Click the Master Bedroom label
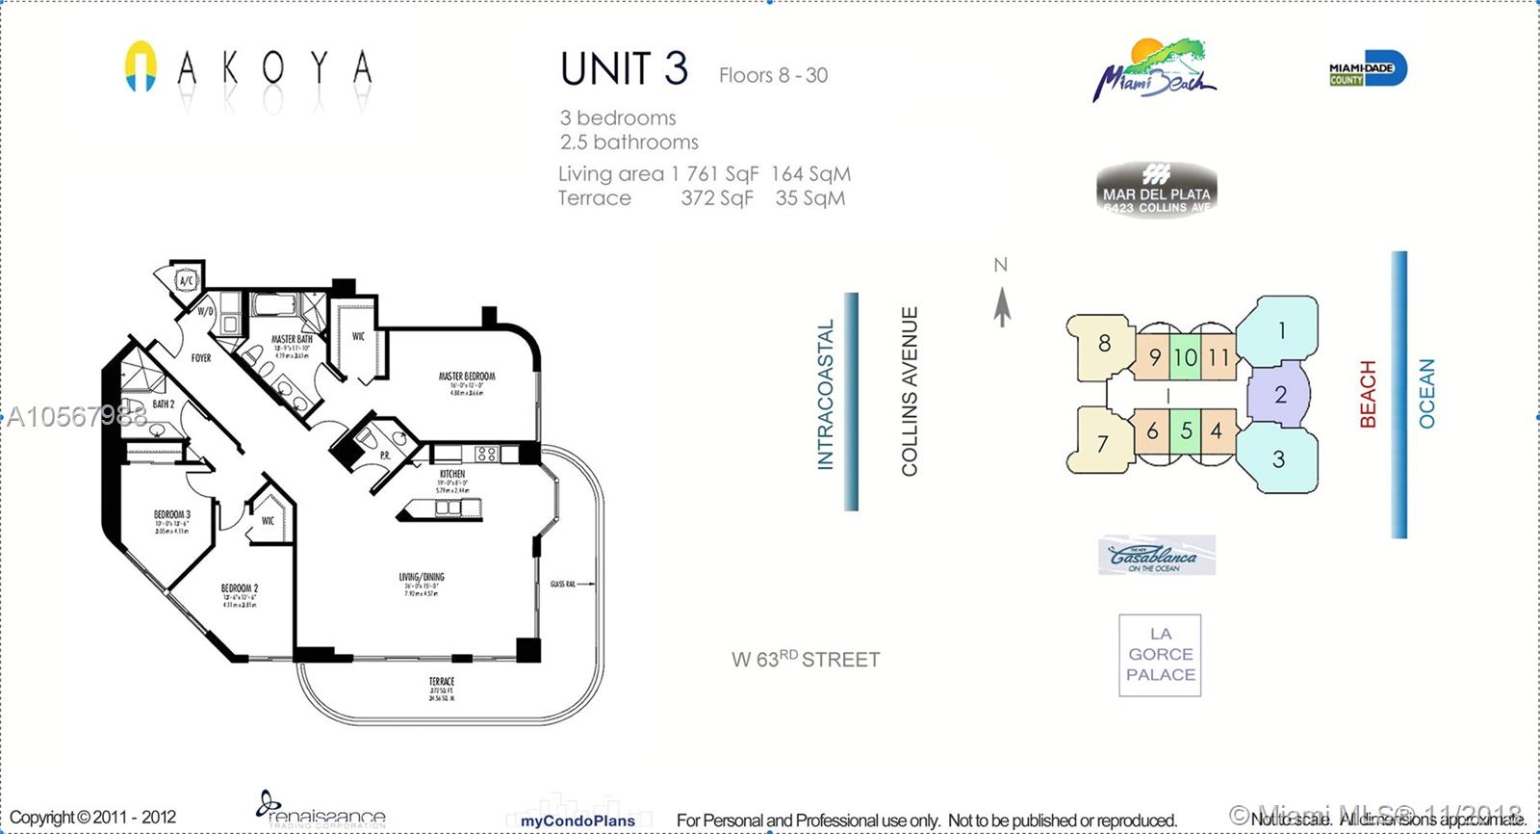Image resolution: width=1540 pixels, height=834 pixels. pyautogui.click(x=467, y=377)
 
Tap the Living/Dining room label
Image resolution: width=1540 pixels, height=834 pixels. pyautogui.click(x=422, y=578)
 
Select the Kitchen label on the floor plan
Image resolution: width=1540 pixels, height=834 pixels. pyautogui.click(x=451, y=474)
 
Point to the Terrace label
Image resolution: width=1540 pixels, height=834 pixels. pyautogui.click(x=442, y=682)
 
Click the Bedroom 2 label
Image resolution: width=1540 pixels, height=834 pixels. pyautogui.click(x=240, y=588)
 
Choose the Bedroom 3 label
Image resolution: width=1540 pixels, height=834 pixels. pyautogui.click(x=172, y=515)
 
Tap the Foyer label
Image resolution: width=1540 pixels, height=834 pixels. pyautogui.click(x=201, y=358)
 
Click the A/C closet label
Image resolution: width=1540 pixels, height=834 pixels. pyautogui.click(x=187, y=281)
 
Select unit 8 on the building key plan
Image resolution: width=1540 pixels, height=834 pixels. pyautogui.click(x=1104, y=343)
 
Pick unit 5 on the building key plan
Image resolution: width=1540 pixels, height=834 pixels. pyautogui.click(x=1187, y=431)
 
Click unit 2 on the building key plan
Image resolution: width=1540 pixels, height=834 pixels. pyautogui.click(x=1280, y=394)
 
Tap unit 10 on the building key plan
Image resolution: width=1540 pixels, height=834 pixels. pyautogui.click(x=1185, y=357)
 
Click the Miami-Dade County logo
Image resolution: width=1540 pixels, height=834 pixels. pyautogui.click(x=1368, y=68)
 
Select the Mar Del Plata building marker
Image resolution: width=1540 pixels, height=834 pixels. pyautogui.click(x=1156, y=190)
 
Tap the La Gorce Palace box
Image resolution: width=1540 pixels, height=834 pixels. pyautogui.click(x=1160, y=655)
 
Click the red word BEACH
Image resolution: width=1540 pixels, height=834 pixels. pyautogui.click(x=1368, y=394)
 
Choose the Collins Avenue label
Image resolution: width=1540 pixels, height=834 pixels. pyautogui.click(x=910, y=391)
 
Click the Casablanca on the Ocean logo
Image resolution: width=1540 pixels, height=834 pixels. pyautogui.click(x=1156, y=556)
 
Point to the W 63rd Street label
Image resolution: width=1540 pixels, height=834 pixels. pyautogui.click(x=806, y=660)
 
